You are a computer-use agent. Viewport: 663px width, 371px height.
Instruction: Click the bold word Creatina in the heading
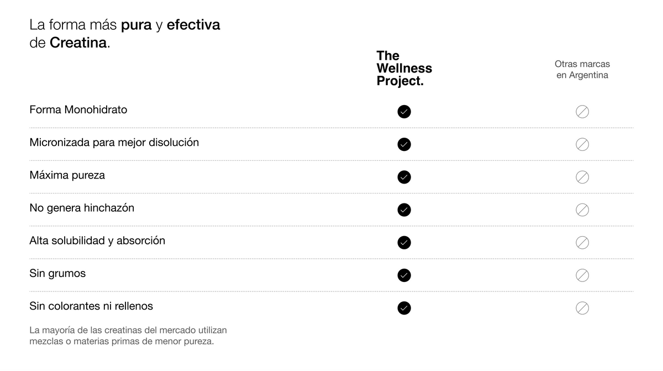(x=78, y=43)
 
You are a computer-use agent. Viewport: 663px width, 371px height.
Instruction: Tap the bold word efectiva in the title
(x=193, y=24)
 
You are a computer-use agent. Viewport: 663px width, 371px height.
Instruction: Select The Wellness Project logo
(x=404, y=69)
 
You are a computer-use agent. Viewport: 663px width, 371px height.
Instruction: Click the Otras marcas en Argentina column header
(x=582, y=70)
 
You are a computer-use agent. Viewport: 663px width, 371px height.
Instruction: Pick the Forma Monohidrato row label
(x=78, y=109)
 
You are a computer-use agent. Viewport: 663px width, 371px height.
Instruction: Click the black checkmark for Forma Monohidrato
(x=404, y=112)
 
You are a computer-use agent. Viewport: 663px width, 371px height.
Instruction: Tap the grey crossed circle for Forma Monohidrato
(x=582, y=112)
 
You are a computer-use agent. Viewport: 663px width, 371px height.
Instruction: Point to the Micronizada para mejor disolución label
(x=114, y=143)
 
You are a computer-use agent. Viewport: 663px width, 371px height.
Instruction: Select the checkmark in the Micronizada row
(x=404, y=144)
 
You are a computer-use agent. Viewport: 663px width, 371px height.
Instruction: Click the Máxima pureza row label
(x=67, y=175)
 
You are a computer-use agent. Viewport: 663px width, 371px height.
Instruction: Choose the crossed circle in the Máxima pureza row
(x=582, y=177)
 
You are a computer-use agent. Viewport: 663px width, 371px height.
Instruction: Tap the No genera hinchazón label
(x=82, y=208)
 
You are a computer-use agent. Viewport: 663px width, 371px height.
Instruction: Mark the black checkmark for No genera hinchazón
(x=404, y=210)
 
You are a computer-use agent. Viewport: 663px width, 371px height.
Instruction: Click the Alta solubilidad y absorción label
(x=97, y=241)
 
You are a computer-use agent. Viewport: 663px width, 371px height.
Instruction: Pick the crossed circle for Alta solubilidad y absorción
(x=582, y=243)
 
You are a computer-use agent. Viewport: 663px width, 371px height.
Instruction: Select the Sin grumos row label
(x=57, y=273)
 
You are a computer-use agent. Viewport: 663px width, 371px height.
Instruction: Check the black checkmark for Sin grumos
(x=404, y=275)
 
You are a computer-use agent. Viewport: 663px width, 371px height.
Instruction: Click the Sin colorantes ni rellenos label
(x=91, y=306)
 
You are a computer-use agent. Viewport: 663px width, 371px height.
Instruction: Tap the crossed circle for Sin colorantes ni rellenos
(x=582, y=308)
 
